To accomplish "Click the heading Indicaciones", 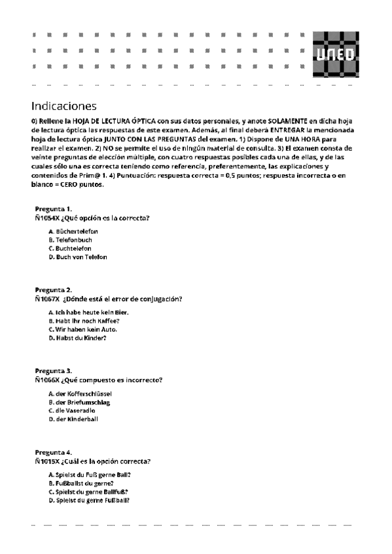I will (x=63, y=105).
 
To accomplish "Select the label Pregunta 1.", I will (x=54, y=208).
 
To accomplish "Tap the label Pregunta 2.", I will (x=54, y=289).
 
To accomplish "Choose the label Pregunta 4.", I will (x=54, y=452).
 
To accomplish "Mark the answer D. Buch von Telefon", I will (x=77, y=257).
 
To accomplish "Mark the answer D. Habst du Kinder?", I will (x=77, y=338).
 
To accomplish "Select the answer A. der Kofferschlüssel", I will (x=80, y=395).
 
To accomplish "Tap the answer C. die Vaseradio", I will (x=73, y=411).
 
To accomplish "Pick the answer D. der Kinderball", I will (x=73, y=419).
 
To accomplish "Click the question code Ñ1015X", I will (x=47, y=461).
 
